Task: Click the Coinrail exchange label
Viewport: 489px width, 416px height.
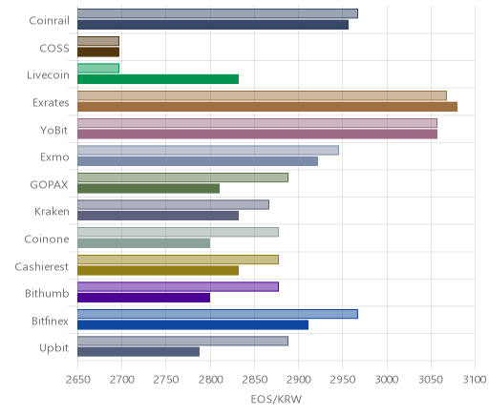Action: [49, 21]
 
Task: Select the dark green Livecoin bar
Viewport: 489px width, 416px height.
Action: [158, 79]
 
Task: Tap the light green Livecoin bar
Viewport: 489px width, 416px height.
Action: [98, 68]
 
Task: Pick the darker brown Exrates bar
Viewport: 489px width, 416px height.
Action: [267, 107]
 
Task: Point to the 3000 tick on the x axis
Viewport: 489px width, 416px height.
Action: [387, 380]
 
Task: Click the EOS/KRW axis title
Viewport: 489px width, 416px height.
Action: [276, 399]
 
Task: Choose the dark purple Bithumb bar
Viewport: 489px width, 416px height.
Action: [143, 298]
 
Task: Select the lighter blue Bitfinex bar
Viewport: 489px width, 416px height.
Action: [218, 314]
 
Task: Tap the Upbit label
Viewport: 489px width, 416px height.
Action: [53, 348]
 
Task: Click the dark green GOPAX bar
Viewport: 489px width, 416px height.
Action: [148, 188]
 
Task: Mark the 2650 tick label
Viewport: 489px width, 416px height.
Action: [77, 380]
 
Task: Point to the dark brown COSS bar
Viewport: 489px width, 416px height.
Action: [98, 52]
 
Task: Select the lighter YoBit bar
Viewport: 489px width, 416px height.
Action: [257, 123]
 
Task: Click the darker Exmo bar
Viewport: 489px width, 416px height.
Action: [198, 161]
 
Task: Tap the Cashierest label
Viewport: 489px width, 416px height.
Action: [42, 266]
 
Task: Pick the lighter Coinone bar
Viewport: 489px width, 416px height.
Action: [178, 232]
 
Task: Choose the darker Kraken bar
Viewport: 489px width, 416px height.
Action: [158, 216]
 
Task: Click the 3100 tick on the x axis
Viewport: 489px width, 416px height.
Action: [475, 380]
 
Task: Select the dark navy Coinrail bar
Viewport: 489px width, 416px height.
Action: [213, 25]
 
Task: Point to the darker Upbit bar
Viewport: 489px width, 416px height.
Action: [138, 352]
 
